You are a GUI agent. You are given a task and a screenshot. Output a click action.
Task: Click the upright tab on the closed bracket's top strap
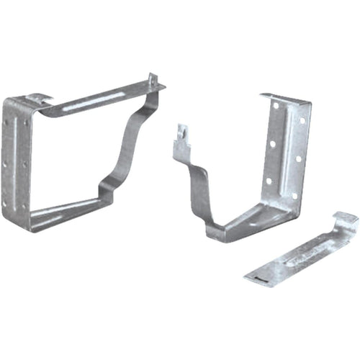(153, 80)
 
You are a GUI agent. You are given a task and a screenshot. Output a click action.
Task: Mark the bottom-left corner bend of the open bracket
(212, 232)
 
